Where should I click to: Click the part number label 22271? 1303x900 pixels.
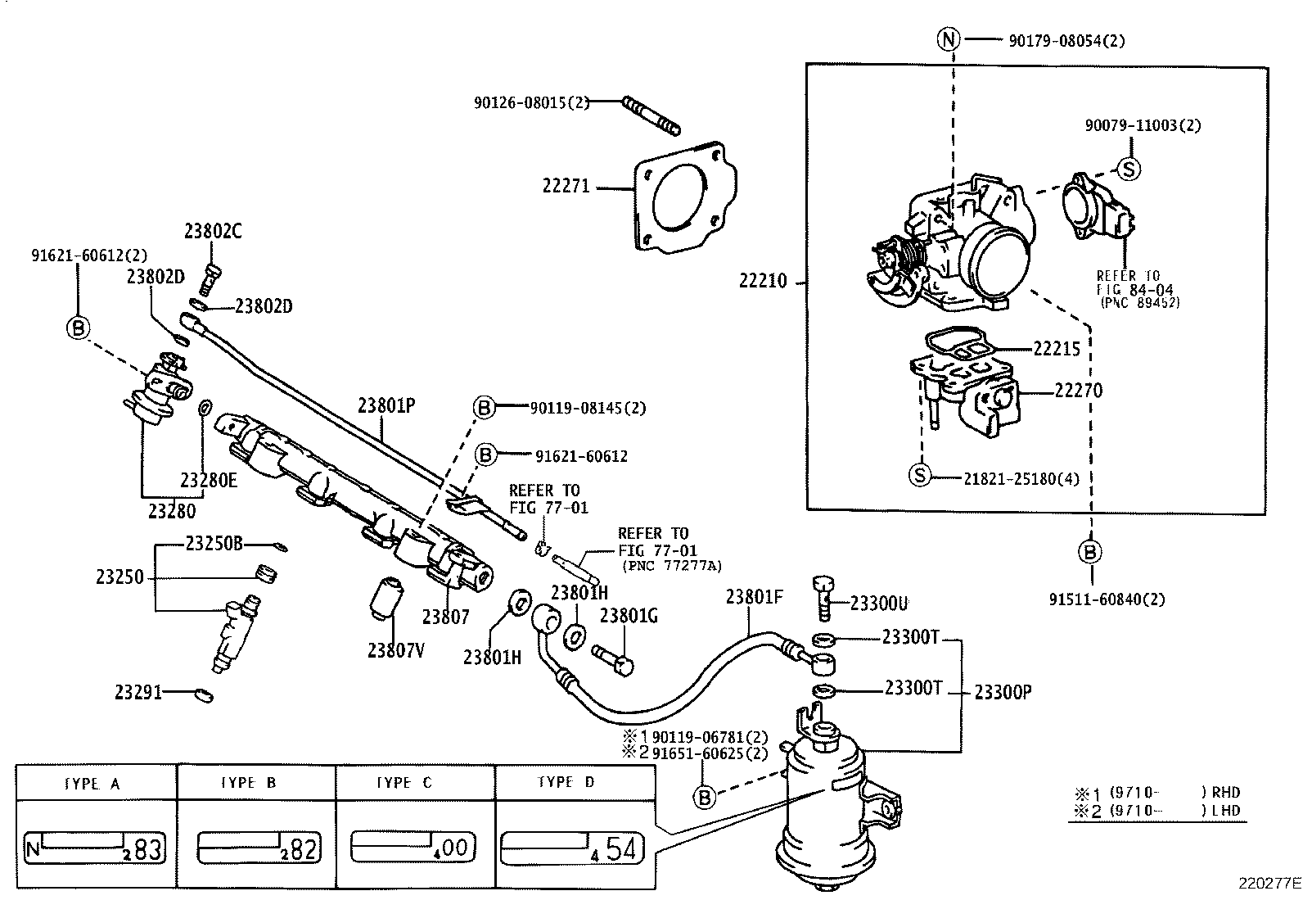click(x=566, y=187)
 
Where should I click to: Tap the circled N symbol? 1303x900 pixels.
click(x=949, y=39)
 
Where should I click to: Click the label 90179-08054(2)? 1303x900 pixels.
click(x=1066, y=40)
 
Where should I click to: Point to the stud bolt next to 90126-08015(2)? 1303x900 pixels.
click(x=651, y=115)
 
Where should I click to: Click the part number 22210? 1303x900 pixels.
click(x=763, y=281)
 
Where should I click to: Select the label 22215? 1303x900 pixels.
click(x=1057, y=349)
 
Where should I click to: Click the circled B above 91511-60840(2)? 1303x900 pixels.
click(x=1090, y=552)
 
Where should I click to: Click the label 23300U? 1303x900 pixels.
click(x=878, y=604)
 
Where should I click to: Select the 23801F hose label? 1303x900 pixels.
click(x=754, y=597)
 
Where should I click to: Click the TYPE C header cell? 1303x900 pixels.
click(x=415, y=783)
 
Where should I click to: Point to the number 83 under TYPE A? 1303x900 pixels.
click(x=147, y=849)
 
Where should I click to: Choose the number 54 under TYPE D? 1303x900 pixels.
click(x=621, y=848)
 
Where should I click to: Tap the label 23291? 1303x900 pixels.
click(x=137, y=693)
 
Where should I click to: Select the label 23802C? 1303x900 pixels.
click(x=213, y=232)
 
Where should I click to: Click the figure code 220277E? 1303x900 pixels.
click(x=1269, y=884)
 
